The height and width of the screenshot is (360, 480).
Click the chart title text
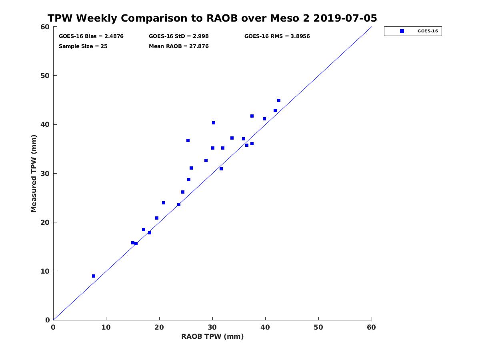coord(212,18)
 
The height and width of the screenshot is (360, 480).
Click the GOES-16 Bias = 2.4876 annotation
coord(91,36)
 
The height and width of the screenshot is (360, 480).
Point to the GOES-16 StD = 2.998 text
coord(179,36)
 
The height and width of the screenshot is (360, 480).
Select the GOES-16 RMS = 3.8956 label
coord(277,36)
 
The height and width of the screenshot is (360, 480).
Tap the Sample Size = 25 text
coord(83,46)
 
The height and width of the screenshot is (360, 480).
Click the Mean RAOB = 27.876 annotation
coord(179,46)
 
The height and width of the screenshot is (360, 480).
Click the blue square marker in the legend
coord(402,31)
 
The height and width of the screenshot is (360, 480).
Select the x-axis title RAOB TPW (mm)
coord(212,336)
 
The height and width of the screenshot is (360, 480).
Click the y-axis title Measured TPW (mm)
coord(34,174)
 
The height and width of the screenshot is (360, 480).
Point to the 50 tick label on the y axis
coord(46,76)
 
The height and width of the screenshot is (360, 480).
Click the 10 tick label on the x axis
coord(106,327)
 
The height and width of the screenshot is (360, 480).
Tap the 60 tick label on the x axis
coord(371,327)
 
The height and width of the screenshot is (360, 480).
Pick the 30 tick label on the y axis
coord(46,174)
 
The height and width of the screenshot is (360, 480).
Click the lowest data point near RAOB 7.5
coord(94,276)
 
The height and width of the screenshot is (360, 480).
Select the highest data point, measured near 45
coord(279,100)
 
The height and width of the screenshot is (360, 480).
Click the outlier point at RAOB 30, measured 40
coord(214,123)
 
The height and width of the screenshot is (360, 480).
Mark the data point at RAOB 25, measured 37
coord(188,140)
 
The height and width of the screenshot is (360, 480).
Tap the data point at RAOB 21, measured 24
coord(164,203)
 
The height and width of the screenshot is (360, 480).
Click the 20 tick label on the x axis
coord(159,327)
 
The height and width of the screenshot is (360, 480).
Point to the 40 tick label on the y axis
coord(46,124)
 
